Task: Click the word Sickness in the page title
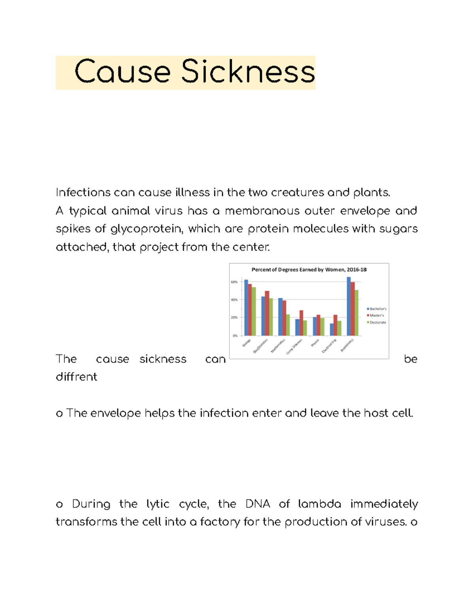point(248,72)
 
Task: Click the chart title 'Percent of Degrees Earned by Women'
point(309,270)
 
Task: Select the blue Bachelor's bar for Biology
point(246,307)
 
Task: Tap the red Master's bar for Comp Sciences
point(301,322)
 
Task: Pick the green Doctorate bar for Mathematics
point(288,325)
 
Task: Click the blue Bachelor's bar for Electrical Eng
point(332,330)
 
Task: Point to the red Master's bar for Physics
point(318,325)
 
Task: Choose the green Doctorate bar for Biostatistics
point(357,313)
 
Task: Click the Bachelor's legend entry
point(377,309)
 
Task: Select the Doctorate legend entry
point(377,322)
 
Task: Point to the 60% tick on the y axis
point(234,282)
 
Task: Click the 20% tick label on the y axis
point(234,318)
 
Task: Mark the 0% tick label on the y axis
point(235,336)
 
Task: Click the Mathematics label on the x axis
point(278,346)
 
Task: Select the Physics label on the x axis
point(315,343)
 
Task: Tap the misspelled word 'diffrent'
point(76,377)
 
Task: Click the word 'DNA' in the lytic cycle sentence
point(258,504)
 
